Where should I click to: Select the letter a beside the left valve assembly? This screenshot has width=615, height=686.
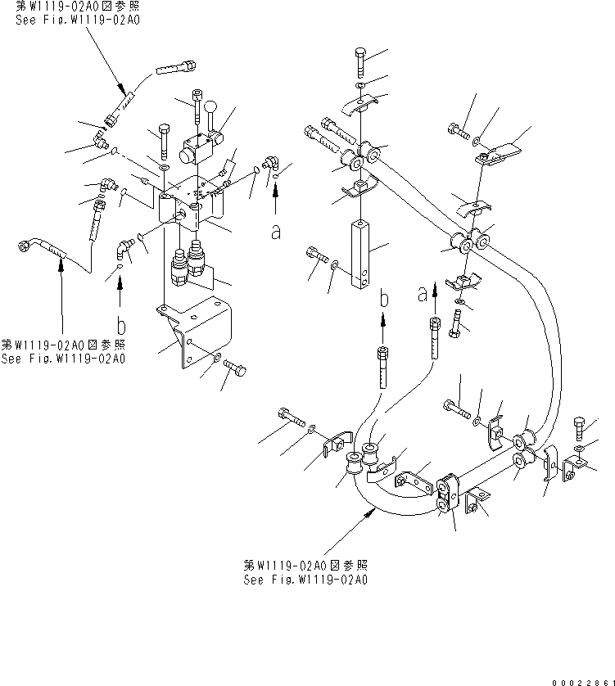click(x=276, y=232)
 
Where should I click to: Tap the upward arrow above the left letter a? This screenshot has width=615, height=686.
click(x=276, y=196)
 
